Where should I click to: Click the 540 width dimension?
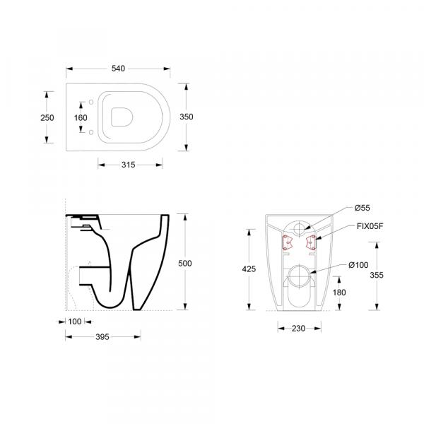[118, 69]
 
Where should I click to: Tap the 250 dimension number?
[47, 118]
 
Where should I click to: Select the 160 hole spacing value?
[81, 118]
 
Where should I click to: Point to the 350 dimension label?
[187, 117]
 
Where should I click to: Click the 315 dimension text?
[128, 165]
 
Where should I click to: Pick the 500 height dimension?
[185, 264]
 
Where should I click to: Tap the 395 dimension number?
[102, 337]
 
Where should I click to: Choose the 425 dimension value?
[249, 269]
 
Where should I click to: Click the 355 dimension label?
[377, 276]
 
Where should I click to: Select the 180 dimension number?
[339, 293]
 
